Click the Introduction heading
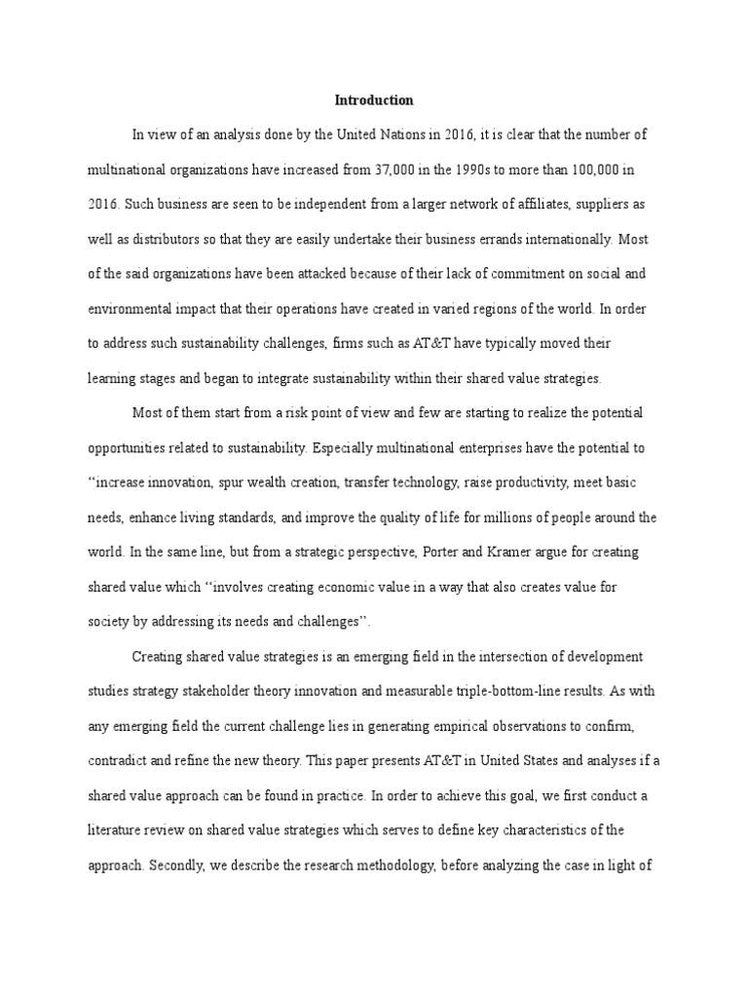point(374,100)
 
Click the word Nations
point(403,134)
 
